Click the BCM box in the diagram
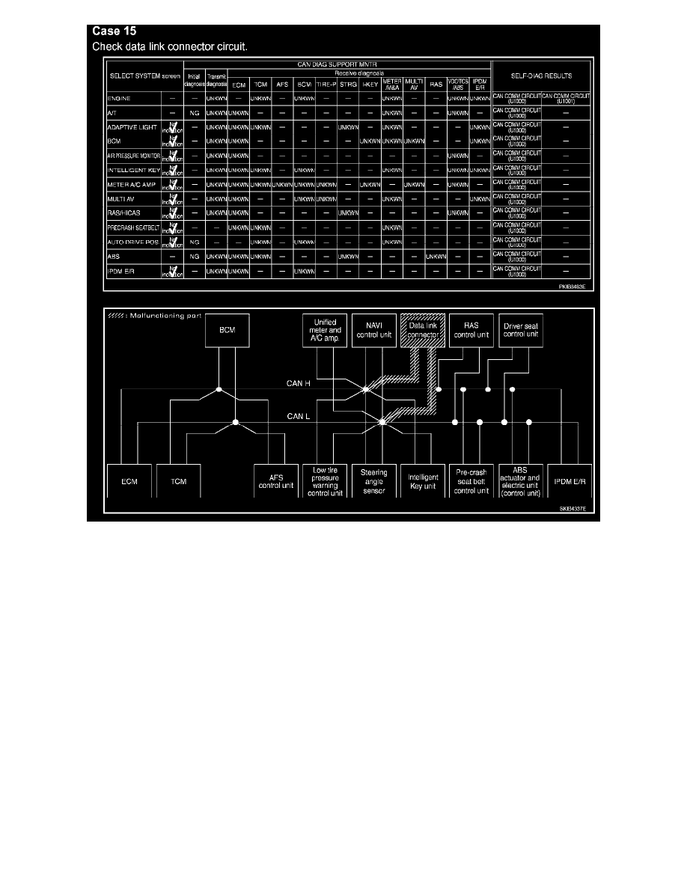pos(227,332)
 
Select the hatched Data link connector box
pos(423,332)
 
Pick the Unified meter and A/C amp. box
pos(324,332)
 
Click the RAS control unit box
pos(471,332)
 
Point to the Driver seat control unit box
pos(521,332)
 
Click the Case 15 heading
pos(114,32)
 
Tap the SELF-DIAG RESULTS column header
pos(542,76)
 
